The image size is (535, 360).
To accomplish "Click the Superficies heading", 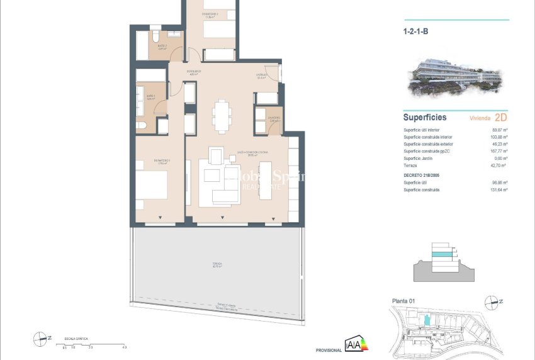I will click(x=425, y=118).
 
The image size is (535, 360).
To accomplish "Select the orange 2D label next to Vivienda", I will click(x=501, y=117).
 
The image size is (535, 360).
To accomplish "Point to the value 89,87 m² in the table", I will click(x=499, y=130).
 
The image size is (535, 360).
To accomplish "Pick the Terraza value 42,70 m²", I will click(x=499, y=165).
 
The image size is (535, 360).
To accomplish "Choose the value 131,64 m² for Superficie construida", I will click(x=498, y=189).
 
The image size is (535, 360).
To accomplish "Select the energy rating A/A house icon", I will click(x=356, y=344).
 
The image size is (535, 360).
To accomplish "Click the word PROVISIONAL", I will click(x=329, y=350).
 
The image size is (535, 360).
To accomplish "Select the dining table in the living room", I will click(x=221, y=116).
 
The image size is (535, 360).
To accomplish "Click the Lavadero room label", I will click(x=274, y=118).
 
